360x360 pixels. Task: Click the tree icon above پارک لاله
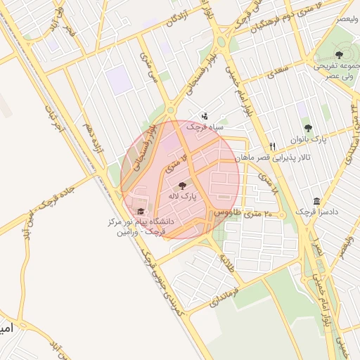click(x=183, y=186)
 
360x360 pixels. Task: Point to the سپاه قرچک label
click(x=205, y=127)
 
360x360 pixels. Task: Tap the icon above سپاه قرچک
click(x=205, y=115)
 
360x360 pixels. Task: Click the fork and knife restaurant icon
click(x=272, y=146)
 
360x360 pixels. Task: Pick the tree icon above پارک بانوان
click(x=308, y=128)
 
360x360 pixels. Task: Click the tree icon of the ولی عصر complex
click(x=340, y=53)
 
